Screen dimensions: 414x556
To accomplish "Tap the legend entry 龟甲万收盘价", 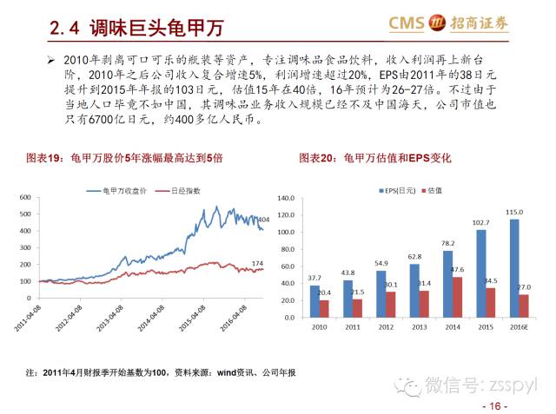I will pos(127,188).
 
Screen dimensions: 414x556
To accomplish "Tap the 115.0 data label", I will pos(514,213).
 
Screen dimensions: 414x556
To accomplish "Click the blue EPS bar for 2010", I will pos(314,301).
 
